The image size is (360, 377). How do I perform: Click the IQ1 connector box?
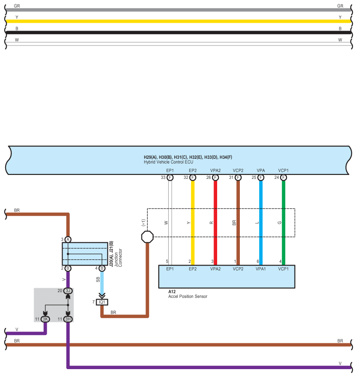[102, 302]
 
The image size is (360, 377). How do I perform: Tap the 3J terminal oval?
[68, 291]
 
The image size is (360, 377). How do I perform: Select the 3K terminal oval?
[45, 319]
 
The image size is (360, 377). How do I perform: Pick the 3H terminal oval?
[68, 319]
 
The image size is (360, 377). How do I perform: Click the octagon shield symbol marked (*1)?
[147, 237]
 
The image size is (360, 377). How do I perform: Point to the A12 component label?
[172, 292]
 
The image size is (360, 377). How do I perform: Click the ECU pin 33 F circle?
[170, 178]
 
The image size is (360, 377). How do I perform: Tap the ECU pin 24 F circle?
[284, 178]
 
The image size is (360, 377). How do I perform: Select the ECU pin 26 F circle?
[215, 178]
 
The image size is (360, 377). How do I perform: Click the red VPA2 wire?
[215, 223]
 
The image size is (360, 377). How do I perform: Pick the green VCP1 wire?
[284, 223]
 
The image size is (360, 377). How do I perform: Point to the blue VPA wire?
[261, 223]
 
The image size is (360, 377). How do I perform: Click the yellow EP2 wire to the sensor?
[193, 223]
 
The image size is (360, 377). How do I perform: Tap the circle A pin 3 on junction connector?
[68, 240]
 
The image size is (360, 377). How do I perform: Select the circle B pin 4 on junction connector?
[102, 269]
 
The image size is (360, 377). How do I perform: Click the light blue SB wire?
[102, 282]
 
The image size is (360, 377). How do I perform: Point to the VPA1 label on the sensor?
[261, 269]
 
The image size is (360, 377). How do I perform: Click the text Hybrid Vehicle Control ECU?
[168, 162]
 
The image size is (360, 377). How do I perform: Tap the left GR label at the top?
[17, 6]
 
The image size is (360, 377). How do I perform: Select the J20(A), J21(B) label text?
[111, 254]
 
